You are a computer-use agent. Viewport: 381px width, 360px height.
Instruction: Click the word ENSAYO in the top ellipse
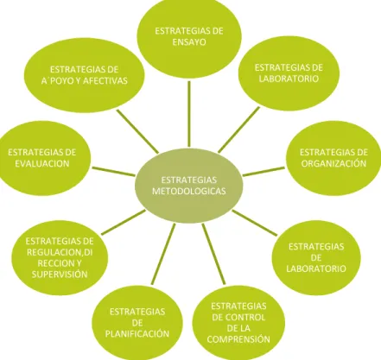tap(189, 42)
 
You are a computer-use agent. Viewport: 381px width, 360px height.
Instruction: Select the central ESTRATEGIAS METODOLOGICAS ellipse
tap(189, 186)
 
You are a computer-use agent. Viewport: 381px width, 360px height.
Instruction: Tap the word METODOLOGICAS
tap(189, 192)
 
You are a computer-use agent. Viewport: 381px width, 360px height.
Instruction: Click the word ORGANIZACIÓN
tap(333, 163)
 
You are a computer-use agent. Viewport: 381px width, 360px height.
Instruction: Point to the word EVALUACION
tap(42, 163)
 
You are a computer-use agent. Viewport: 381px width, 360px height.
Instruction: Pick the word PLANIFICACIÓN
tap(137, 334)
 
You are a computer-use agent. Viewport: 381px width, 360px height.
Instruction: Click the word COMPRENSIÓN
tap(238, 339)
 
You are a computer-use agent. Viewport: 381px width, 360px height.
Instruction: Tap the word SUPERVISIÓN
tap(60, 275)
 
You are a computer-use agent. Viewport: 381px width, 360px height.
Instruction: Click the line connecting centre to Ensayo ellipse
tap(189, 114)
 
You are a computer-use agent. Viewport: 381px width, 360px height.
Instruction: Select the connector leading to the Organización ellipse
tap(264, 171)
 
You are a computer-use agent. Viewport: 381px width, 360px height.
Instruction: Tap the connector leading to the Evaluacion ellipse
tap(113, 171)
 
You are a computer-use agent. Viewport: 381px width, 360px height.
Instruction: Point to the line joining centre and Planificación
tap(163, 254)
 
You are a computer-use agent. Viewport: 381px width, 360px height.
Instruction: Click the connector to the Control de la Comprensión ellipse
tap(213, 254)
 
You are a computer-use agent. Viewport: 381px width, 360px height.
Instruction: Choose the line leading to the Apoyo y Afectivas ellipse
tap(137, 131)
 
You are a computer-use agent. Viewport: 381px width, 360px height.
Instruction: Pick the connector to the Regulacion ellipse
tap(124, 223)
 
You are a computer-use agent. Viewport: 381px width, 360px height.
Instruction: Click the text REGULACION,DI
tap(60, 252)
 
